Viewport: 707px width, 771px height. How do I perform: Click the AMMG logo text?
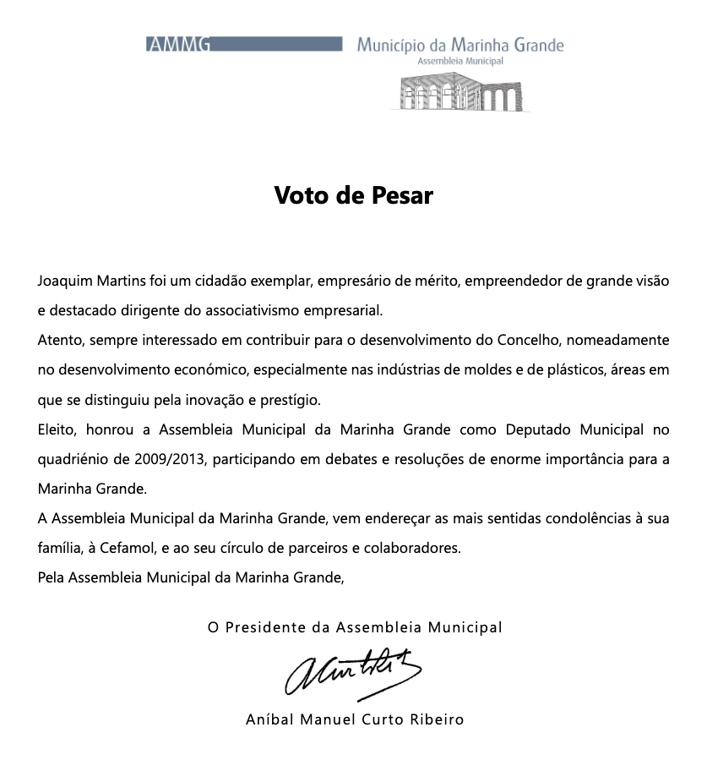(x=178, y=46)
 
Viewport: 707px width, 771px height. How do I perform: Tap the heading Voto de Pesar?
(x=353, y=196)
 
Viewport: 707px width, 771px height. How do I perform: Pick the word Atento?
(x=58, y=340)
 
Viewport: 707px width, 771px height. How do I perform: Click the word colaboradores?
(x=411, y=548)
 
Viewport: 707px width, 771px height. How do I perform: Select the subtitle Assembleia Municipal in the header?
(x=460, y=62)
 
